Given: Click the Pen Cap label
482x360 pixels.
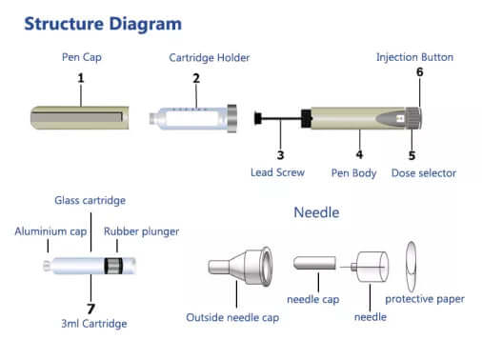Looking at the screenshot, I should point(81,58).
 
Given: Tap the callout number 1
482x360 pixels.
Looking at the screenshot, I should point(81,76).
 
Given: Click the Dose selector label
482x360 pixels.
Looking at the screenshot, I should point(424,173).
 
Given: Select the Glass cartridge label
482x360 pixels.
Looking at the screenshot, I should point(91,200).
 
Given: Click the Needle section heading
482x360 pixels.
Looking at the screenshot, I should point(316,212).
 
